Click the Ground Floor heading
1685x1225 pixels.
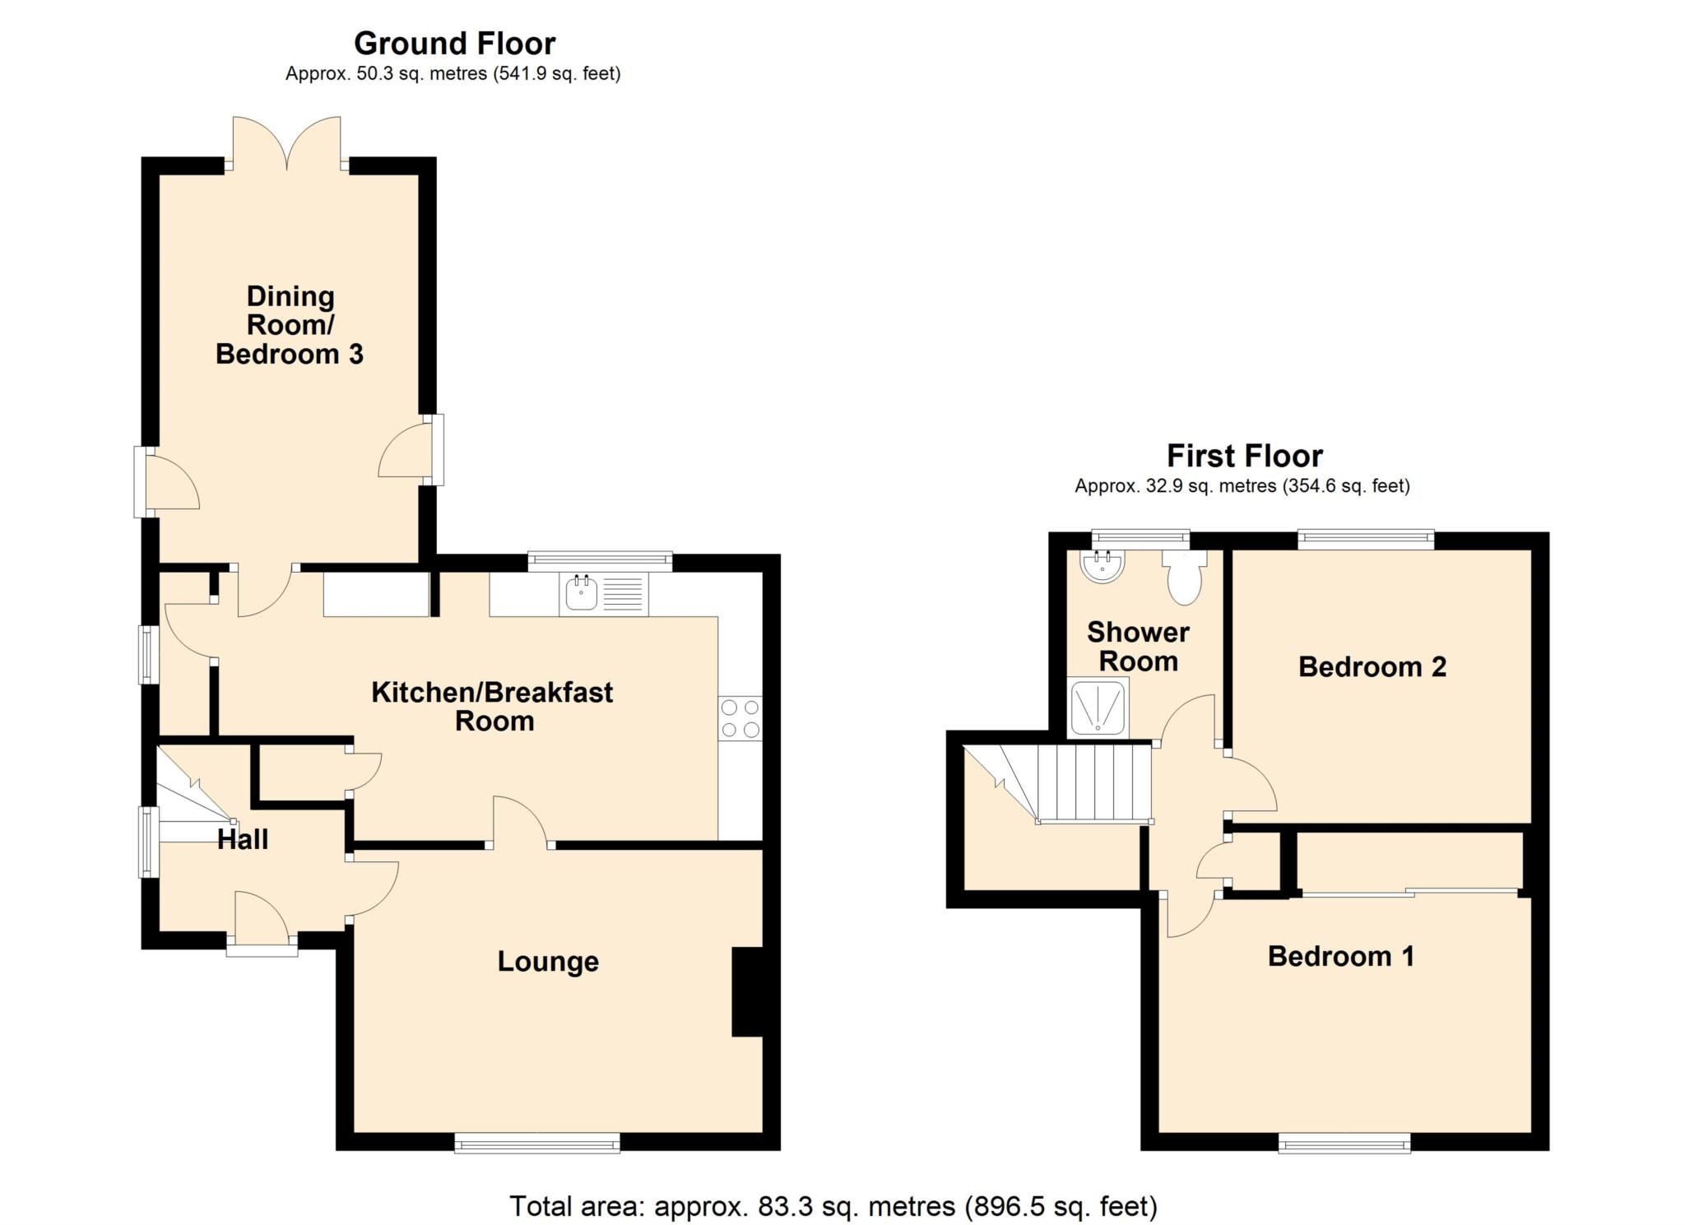454,43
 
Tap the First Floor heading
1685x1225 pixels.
1244,456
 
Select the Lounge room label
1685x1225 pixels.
548,962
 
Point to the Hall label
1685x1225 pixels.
243,840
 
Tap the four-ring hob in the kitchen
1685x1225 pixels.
740,718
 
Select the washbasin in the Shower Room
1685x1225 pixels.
1102,566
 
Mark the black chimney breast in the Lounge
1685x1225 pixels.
747,992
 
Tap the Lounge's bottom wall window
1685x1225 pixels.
537,1143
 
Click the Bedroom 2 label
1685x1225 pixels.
1372,667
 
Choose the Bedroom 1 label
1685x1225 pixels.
1340,957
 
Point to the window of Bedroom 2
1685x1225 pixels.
1366,540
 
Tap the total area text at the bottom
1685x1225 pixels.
833,1206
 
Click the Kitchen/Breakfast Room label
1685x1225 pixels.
492,707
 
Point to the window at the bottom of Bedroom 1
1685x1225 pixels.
1344,1143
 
